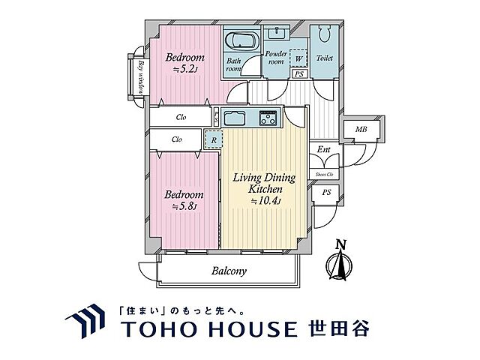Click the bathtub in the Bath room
[x=241, y=40]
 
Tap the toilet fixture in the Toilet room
[x=325, y=37]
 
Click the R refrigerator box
[x=214, y=139]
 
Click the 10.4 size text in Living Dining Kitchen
[x=263, y=201]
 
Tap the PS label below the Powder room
[x=298, y=74]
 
